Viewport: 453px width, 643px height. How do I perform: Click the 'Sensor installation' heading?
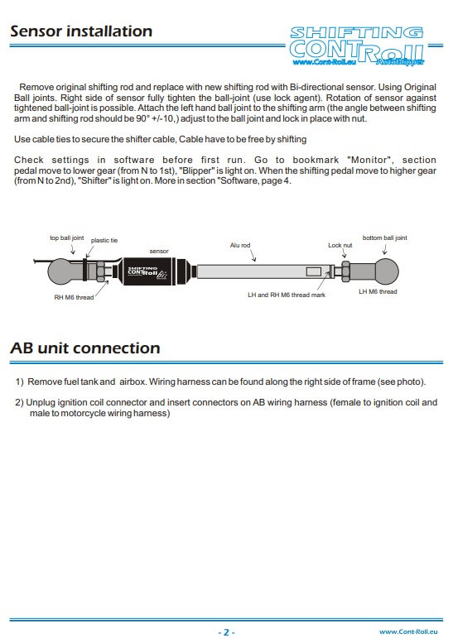pos(81,31)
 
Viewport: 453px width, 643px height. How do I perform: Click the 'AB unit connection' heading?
pos(85,348)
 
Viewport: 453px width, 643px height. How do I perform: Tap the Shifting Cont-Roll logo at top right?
pos(357,46)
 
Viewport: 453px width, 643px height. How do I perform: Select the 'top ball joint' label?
pos(66,238)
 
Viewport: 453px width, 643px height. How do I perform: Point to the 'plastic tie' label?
pos(104,240)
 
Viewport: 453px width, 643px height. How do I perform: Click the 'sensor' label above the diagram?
pos(159,251)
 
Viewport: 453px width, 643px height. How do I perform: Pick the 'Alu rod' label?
pos(240,245)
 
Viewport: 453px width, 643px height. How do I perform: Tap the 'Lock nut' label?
pos(340,245)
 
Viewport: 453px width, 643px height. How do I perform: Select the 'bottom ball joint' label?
pos(385,238)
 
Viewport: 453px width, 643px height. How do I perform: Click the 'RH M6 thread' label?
pos(74,297)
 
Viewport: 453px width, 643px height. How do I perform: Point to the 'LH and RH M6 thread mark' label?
pos(287,295)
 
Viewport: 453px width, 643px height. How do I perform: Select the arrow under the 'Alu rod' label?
pos(253,257)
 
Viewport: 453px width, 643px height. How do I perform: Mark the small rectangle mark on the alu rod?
pos(314,271)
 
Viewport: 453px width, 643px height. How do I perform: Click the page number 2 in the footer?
pos(226,632)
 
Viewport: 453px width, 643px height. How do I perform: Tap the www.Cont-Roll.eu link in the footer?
pos(408,632)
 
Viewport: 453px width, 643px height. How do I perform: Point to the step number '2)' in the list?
pos(19,403)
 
